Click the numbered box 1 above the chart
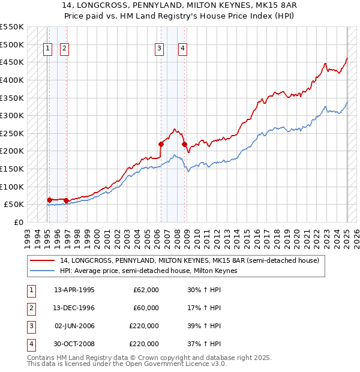click(47, 49)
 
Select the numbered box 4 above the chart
click(182, 49)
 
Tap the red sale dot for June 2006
click(161, 144)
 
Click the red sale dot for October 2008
click(185, 144)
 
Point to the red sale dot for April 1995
click(49, 200)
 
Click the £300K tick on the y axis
click(13, 115)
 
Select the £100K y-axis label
click(13, 187)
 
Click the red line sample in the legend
click(43, 260)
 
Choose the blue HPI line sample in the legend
click(43, 271)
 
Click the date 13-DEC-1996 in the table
click(74, 308)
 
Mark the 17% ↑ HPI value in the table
click(204, 308)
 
